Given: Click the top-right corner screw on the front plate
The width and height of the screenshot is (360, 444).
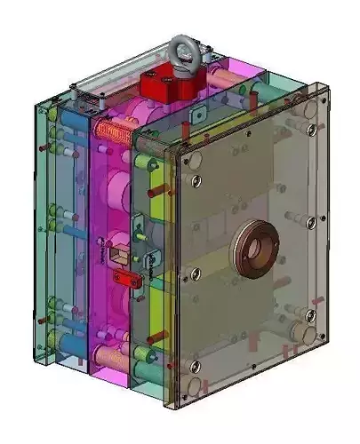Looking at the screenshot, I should (310, 130).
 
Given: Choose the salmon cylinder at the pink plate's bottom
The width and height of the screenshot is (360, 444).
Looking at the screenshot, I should (114, 357).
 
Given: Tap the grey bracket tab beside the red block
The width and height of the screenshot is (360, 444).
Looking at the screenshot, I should (201, 115).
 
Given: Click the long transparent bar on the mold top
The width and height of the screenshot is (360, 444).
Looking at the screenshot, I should (116, 80).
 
